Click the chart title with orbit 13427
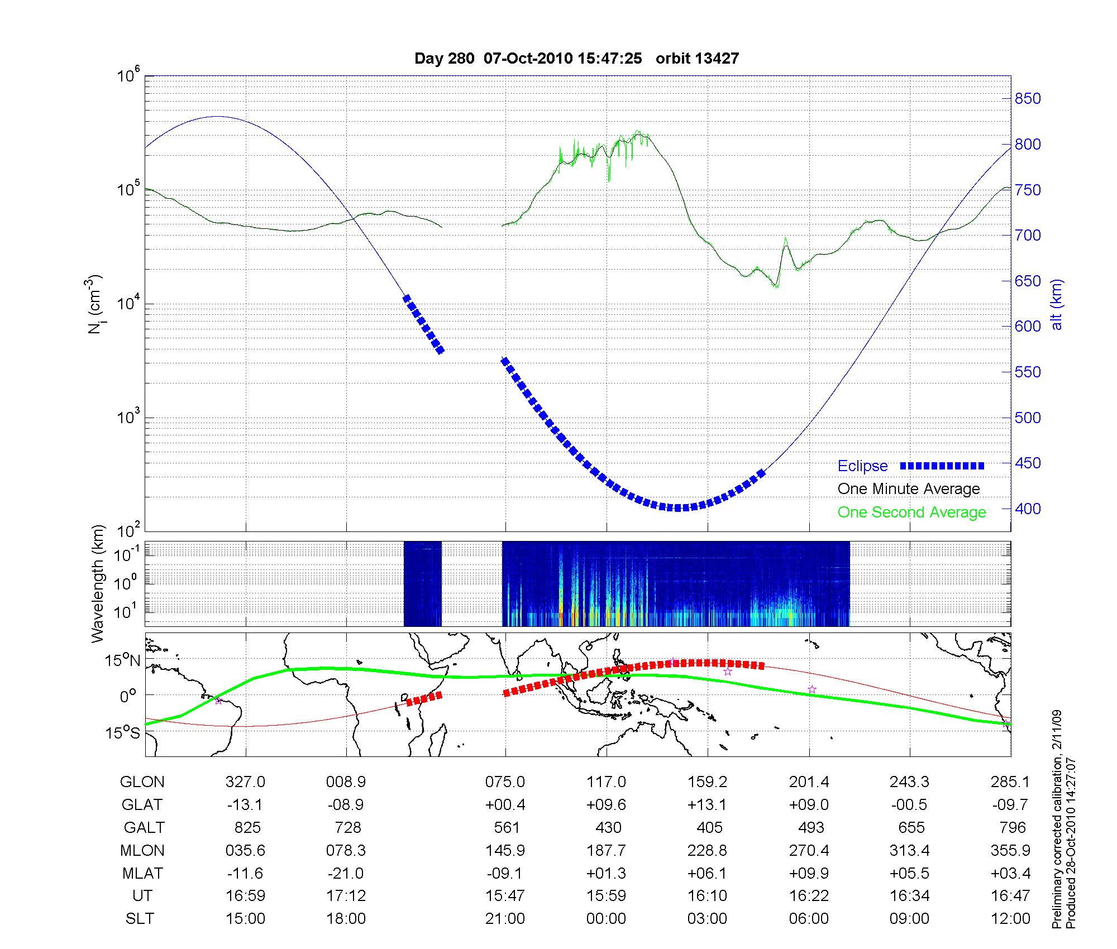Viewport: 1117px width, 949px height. [x=576, y=58]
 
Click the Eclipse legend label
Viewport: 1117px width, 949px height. [x=862, y=466]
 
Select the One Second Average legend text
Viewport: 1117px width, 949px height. [x=911, y=512]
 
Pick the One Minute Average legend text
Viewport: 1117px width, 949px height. [x=909, y=489]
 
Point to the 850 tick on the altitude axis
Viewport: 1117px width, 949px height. [x=1028, y=99]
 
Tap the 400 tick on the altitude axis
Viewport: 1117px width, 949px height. [x=1028, y=509]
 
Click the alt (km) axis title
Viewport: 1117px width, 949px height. [x=1056, y=304]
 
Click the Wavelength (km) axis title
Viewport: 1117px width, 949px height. [x=98, y=583]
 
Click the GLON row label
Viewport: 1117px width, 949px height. [x=142, y=782]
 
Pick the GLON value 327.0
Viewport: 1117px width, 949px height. [x=245, y=782]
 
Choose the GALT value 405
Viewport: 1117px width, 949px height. [x=709, y=827]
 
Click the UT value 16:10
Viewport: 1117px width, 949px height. [x=708, y=896]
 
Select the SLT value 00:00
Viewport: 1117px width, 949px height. [x=606, y=919]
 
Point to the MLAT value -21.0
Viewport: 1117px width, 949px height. [x=346, y=873]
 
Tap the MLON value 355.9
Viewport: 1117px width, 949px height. [x=1010, y=850]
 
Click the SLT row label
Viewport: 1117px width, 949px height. [x=140, y=919]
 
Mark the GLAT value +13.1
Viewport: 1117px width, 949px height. [x=708, y=804]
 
